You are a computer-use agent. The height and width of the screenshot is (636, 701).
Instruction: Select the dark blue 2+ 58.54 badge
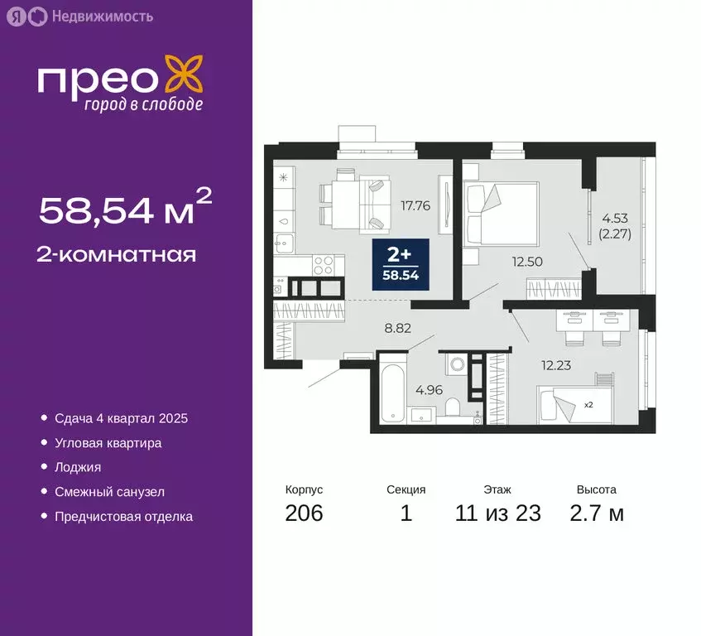401,263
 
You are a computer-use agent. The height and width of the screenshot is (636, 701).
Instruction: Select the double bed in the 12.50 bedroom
502,213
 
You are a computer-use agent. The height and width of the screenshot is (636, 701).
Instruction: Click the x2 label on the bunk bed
588,405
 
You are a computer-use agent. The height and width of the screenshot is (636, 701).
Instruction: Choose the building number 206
304,513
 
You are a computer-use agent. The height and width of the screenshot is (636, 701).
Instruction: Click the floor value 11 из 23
497,513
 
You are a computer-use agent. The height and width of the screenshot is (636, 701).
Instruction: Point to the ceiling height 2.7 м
596,513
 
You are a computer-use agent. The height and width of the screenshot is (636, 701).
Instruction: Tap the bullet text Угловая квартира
108,443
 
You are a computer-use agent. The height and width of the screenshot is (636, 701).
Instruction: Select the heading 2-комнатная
117,254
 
